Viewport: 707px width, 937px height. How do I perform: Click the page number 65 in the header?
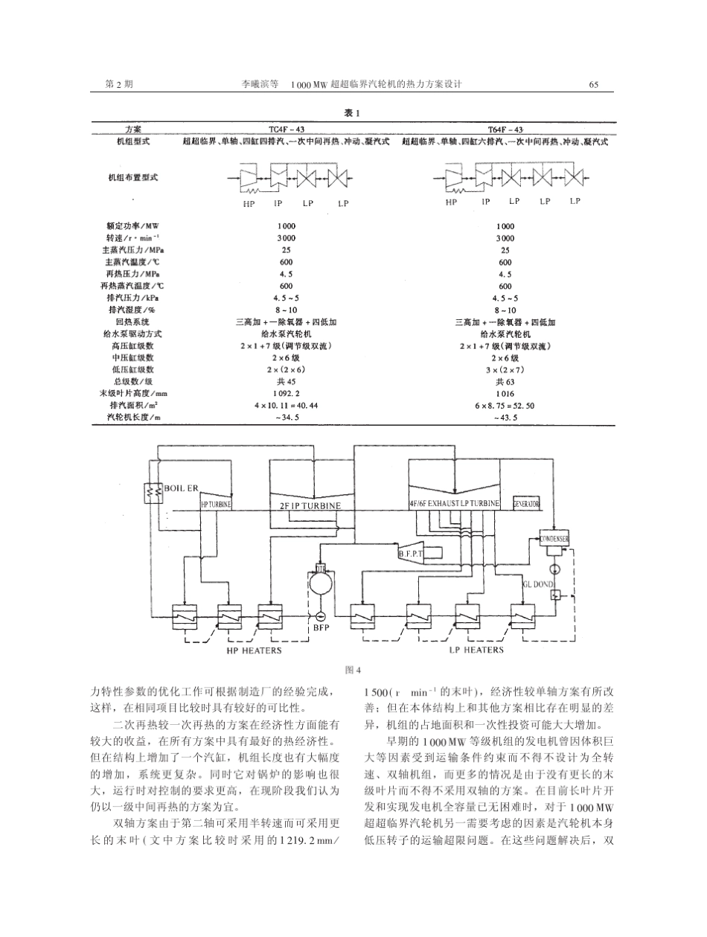[x=593, y=85]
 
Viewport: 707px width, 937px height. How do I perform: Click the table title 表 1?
[x=352, y=114]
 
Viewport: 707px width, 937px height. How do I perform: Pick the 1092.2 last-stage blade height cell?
[x=286, y=393]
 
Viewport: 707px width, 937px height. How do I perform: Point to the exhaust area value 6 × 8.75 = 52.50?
[x=505, y=406]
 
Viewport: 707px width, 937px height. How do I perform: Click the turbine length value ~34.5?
[x=286, y=418]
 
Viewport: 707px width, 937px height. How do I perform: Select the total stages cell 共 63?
[x=505, y=381]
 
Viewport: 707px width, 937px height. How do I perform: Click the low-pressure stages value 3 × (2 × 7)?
[x=505, y=369]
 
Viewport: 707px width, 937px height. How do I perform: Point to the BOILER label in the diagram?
[x=182, y=489]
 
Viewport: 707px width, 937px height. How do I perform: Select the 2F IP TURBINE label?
[x=310, y=506]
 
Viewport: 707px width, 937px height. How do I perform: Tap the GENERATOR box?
[x=526, y=504]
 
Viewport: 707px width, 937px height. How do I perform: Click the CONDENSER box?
[x=555, y=538]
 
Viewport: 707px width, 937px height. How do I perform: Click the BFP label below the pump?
[x=321, y=627]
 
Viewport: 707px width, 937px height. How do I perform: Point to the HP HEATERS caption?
[x=254, y=650]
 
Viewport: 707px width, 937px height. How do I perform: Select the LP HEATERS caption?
[x=476, y=650]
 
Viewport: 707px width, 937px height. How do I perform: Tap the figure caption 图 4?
[x=353, y=668]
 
